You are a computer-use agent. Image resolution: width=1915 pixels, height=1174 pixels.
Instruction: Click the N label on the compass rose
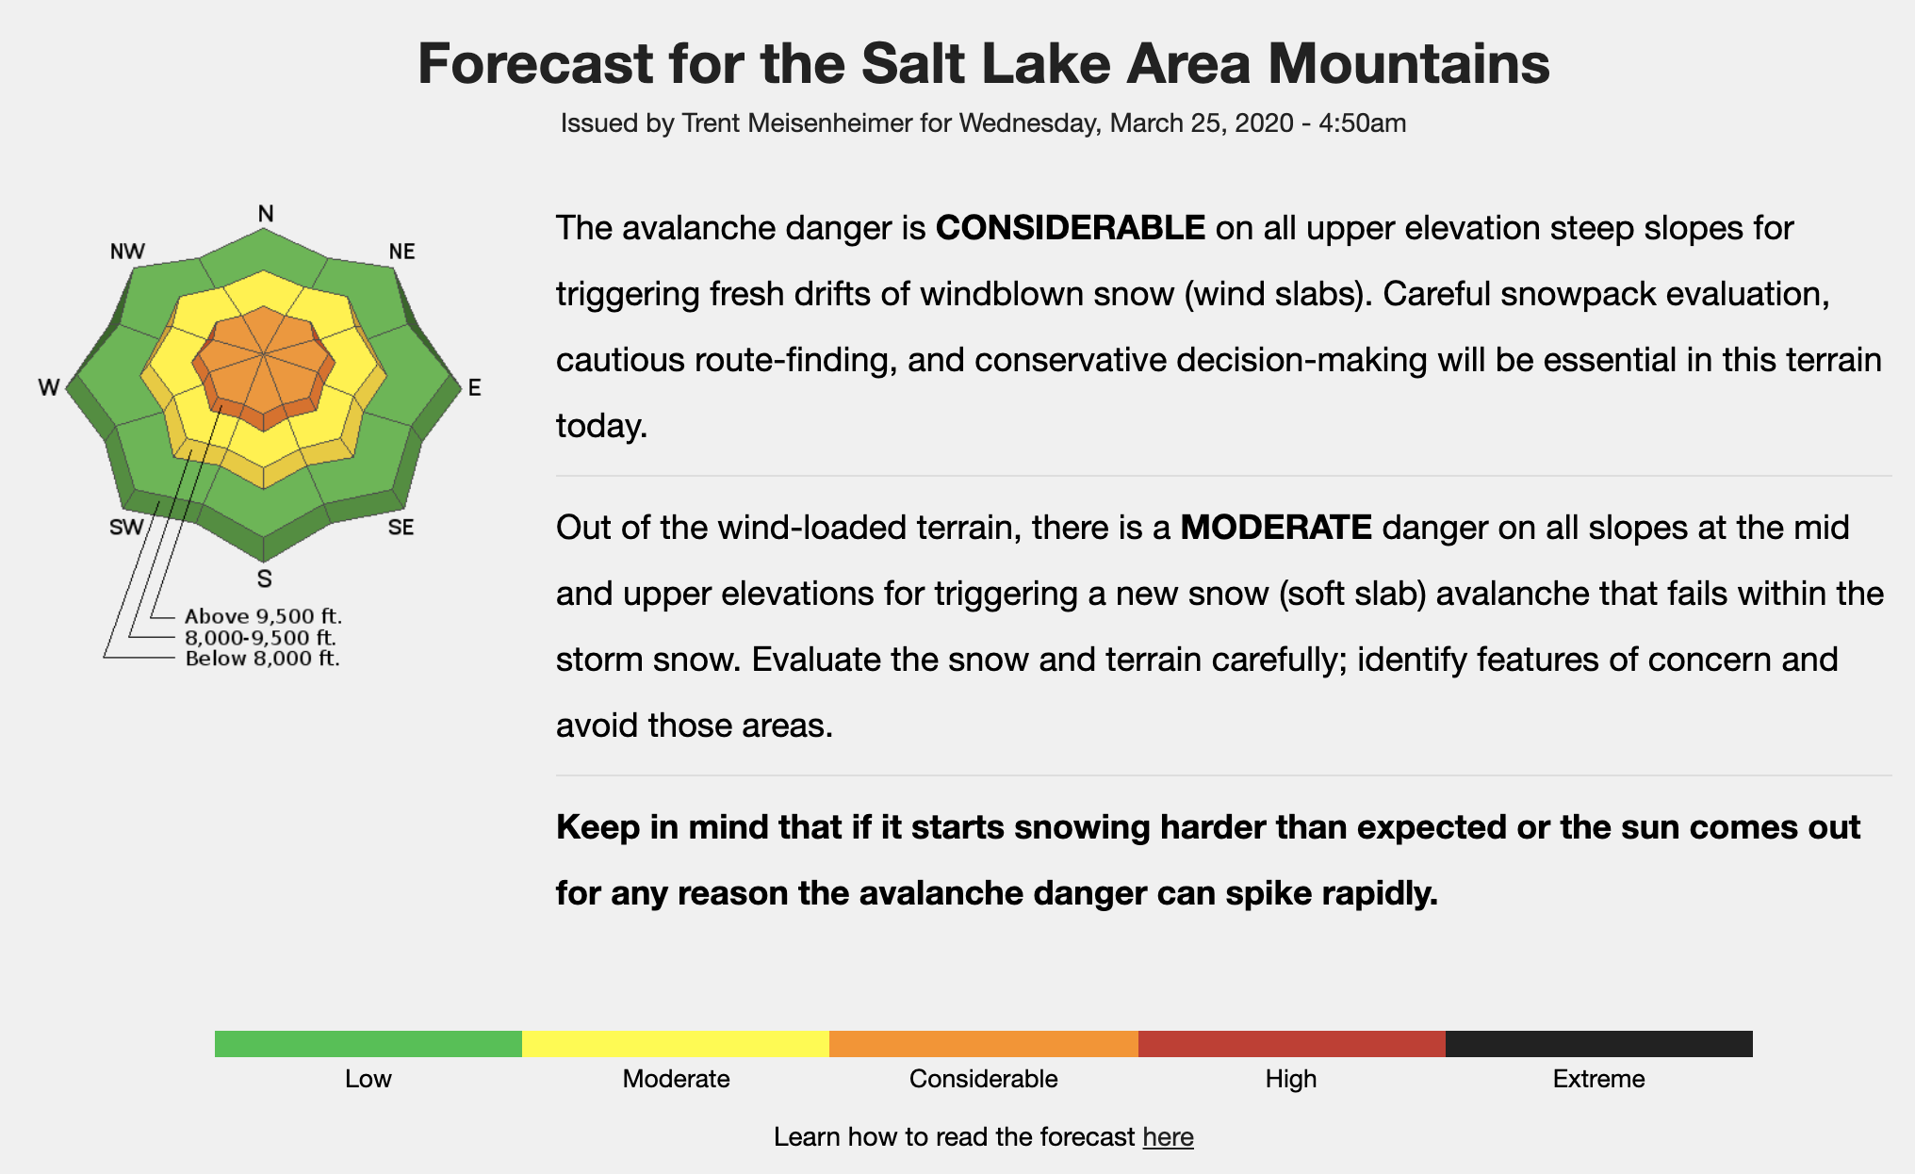266,214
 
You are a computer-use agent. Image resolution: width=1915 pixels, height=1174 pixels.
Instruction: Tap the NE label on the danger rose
401,252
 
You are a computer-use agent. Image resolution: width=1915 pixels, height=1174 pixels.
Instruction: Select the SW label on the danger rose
126,527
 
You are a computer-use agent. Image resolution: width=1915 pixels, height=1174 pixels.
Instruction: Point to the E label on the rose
474,387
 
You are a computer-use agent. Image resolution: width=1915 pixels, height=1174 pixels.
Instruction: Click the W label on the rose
49,387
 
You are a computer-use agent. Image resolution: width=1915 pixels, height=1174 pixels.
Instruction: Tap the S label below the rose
265,579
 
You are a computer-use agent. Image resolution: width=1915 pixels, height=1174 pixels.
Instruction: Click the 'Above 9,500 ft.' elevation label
263,616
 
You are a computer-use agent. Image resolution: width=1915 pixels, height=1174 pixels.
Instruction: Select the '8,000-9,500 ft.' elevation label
260,638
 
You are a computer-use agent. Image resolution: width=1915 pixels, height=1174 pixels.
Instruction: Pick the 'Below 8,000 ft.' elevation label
262,659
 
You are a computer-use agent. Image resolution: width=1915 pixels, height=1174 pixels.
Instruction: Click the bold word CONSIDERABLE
1070,228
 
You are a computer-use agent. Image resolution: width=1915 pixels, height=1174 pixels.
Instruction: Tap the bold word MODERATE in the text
1276,528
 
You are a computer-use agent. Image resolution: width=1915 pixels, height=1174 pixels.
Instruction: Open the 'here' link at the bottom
1168,1137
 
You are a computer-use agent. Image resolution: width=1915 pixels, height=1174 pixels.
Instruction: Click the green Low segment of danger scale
368,1044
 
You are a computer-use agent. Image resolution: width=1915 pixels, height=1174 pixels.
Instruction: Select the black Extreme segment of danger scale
1599,1044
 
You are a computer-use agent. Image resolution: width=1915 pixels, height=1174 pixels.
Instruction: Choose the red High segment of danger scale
1292,1044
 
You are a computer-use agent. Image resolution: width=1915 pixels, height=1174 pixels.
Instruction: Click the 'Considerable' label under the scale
983,1079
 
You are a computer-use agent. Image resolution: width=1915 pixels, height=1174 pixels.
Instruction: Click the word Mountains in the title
1408,64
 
